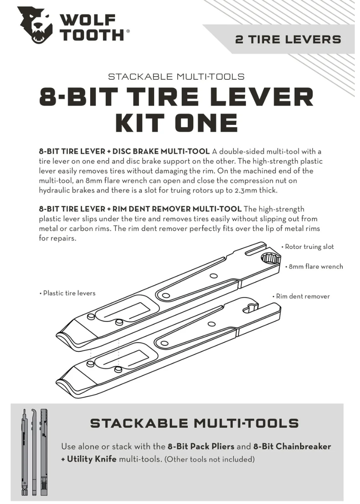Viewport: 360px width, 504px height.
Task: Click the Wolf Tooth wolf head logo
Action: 35,25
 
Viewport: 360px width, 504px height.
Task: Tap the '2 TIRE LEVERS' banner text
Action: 288,39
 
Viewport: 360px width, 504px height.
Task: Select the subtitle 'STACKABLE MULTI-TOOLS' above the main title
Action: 176,77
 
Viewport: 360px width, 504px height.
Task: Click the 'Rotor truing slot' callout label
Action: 309,247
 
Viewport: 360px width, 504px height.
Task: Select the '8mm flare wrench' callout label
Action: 315,266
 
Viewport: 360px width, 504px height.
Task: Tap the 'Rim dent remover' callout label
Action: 302,296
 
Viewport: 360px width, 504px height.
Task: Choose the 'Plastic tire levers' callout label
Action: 69,293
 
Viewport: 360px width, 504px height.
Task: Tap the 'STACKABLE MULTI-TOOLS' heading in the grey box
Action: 194,423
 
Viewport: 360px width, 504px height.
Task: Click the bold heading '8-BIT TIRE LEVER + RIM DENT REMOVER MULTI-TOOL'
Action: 140,209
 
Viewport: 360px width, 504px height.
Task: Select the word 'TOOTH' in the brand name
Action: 92,35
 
